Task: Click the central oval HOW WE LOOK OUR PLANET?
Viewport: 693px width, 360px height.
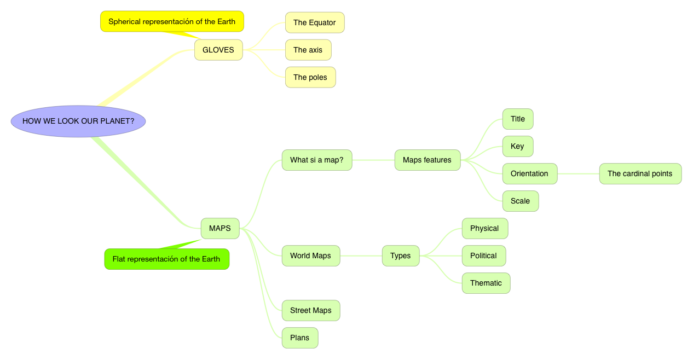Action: [x=78, y=121]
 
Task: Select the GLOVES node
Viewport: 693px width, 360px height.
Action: [x=218, y=50]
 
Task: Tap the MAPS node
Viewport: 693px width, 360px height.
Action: [x=220, y=228]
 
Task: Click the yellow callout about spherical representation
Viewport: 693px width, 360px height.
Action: [x=172, y=22]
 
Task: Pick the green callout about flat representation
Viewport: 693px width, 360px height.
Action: [x=166, y=259]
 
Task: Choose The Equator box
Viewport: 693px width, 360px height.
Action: [x=315, y=22]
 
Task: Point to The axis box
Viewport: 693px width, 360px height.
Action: [x=308, y=50]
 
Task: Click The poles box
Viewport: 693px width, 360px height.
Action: [x=310, y=77]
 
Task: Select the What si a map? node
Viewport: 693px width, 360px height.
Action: [x=317, y=160]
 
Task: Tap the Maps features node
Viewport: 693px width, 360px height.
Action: [x=428, y=160]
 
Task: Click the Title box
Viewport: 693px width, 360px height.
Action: [x=518, y=119]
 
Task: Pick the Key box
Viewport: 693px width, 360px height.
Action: [x=518, y=146]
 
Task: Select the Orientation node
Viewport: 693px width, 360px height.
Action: [x=530, y=173]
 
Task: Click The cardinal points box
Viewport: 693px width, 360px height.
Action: [x=640, y=173]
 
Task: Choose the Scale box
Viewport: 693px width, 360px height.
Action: [x=521, y=201]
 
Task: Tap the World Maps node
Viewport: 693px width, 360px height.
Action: [x=311, y=256]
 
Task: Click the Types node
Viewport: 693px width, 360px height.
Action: [x=401, y=256]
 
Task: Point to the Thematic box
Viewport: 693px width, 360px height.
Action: [x=486, y=283]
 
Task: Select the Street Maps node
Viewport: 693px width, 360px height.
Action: [x=311, y=310]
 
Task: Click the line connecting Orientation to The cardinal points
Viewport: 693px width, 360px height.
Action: [x=578, y=173]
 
